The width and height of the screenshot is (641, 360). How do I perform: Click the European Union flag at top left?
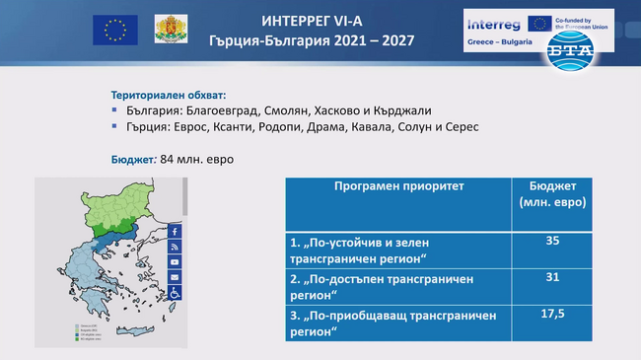point(114,31)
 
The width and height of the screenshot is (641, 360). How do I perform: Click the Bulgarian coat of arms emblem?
point(169,31)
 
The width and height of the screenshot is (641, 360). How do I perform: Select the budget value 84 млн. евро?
point(197,159)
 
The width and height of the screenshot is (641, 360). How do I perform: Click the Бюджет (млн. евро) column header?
point(552,193)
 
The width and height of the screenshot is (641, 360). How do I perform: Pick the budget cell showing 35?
point(552,240)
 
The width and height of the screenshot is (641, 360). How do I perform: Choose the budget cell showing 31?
point(552,278)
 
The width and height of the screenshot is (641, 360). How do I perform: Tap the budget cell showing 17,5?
point(552,314)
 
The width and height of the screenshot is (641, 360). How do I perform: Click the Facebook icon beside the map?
point(175,231)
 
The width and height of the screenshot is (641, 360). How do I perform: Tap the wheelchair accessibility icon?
point(175,293)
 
